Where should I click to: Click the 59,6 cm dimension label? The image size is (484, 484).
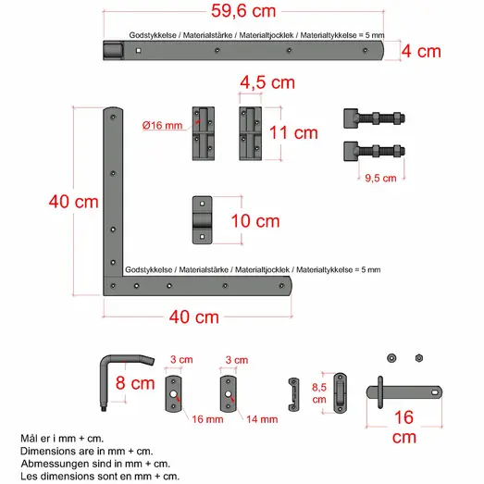(243, 11)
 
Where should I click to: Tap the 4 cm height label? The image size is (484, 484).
(421, 51)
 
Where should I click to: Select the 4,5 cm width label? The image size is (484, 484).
(267, 82)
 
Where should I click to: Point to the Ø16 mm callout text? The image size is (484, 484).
(162, 125)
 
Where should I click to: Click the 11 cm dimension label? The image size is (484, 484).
(293, 132)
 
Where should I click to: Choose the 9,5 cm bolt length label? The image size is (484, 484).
(380, 178)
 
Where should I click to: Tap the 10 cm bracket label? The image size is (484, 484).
(255, 221)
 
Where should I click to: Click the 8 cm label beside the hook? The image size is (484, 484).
(135, 383)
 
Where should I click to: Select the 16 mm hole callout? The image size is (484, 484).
(207, 419)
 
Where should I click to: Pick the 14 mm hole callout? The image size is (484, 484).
(262, 419)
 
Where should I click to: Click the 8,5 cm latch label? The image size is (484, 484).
(319, 393)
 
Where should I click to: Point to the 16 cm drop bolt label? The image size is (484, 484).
(403, 428)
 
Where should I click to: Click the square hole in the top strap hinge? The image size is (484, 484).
(139, 50)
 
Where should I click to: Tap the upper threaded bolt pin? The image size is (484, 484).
(374, 118)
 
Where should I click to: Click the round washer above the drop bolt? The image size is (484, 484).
(391, 358)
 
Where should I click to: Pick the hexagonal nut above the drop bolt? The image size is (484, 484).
(419, 358)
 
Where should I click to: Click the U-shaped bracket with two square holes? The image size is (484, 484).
(202, 220)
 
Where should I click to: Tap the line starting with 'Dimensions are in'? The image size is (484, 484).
(87, 451)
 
